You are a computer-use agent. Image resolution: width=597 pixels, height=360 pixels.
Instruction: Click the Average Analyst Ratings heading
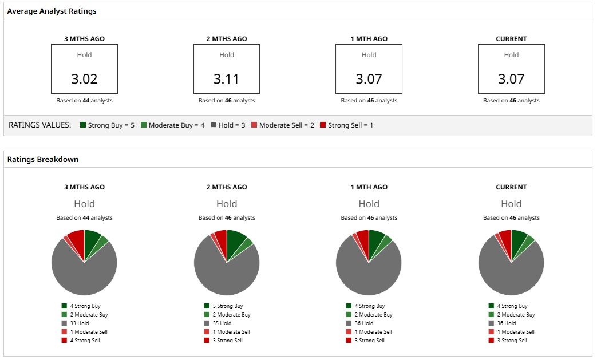coord(52,11)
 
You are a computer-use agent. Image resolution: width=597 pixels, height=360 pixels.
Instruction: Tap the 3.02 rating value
coord(85,79)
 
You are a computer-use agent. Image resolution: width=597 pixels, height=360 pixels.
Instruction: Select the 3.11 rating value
coord(227,79)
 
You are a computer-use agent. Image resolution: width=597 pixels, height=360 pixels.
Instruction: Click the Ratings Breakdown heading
coord(42,160)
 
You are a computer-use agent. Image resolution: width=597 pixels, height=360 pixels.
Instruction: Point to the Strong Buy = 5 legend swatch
coord(83,125)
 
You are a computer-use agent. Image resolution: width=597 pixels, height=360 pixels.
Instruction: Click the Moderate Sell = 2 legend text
coord(287,125)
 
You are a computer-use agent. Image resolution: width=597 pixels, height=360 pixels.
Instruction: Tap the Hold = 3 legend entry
coord(228,125)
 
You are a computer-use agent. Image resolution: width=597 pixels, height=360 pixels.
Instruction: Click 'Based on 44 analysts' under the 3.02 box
coord(85,101)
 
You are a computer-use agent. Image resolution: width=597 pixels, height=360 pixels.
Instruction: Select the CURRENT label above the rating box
coord(511,39)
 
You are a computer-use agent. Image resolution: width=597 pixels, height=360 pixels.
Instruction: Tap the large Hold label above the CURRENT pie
coord(511,204)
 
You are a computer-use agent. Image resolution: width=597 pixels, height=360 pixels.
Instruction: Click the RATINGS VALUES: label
coord(40,125)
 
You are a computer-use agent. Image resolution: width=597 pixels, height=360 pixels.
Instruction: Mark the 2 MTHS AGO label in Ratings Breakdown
coord(227,187)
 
